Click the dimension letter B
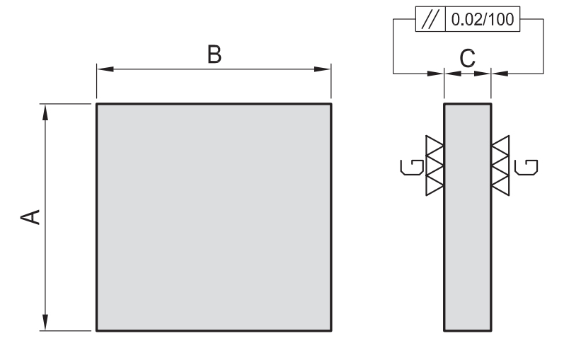(x=214, y=55)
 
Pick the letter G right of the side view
(x=526, y=167)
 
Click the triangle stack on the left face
(x=434, y=166)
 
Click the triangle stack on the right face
(x=500, y=166)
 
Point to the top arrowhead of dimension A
(x=45, y=110)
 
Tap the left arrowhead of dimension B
(x=103, y=69)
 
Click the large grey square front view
(x=214, y=217)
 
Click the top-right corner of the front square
(x=331, y=104)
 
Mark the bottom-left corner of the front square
(x=96, y=330)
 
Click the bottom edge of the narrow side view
(x=467, y=330)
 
